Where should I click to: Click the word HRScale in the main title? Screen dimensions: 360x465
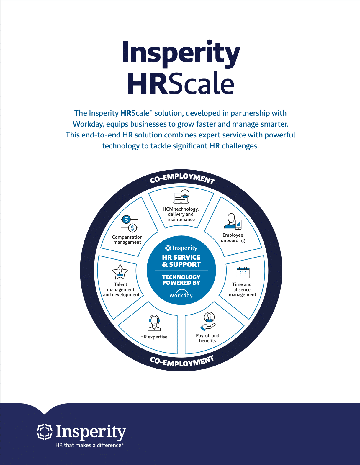pos(181,83)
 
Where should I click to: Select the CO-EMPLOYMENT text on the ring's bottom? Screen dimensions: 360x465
pos(182,361)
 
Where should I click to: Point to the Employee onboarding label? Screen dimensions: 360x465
pos(233,238)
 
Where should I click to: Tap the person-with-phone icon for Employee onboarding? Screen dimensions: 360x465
pos(233,222)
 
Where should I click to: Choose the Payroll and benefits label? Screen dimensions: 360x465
pos(207,338)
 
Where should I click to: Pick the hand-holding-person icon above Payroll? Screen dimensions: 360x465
pos(208,321)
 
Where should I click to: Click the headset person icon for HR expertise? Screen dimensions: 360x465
pos(154,323)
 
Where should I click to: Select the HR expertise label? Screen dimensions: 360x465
pos(154,337)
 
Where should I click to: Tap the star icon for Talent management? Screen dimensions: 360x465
pos(120,272)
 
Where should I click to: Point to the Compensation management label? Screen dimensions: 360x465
pos(127,240)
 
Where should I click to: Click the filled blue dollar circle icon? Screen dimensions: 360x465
pos(126,219)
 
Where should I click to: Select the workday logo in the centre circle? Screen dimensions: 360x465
pos(181,294)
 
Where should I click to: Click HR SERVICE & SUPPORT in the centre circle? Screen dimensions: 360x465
pos(181,261)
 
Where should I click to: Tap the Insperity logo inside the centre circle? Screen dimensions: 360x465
pos(181,248)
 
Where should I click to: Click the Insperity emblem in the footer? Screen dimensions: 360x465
pos(45,432)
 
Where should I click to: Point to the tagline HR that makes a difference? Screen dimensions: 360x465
pos(89,445)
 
